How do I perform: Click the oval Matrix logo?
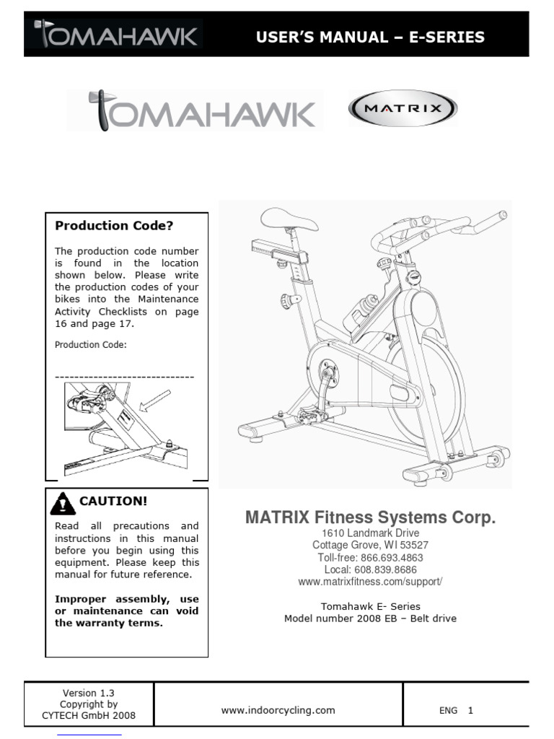403,111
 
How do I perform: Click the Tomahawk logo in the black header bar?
115,35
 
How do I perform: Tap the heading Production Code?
114,226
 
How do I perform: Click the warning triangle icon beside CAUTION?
63,503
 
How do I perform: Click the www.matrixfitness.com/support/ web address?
370,582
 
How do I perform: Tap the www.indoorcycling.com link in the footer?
278,710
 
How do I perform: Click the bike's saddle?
289,219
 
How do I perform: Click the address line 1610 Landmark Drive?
370,533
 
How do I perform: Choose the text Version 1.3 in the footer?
89,693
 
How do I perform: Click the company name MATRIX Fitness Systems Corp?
370,517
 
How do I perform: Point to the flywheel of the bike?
426,386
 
